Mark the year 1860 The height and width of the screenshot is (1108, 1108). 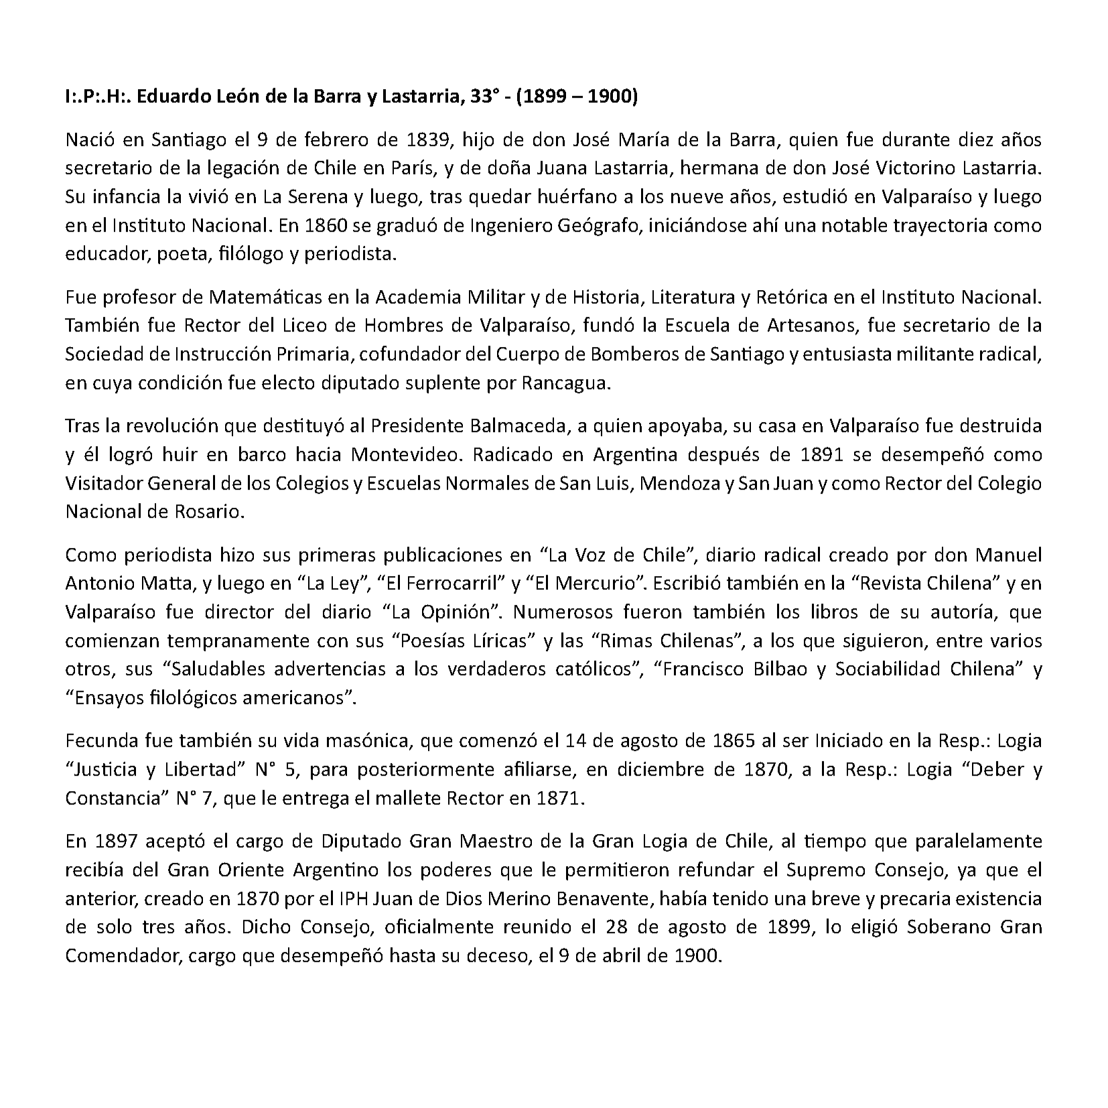[x=326, y=225]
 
